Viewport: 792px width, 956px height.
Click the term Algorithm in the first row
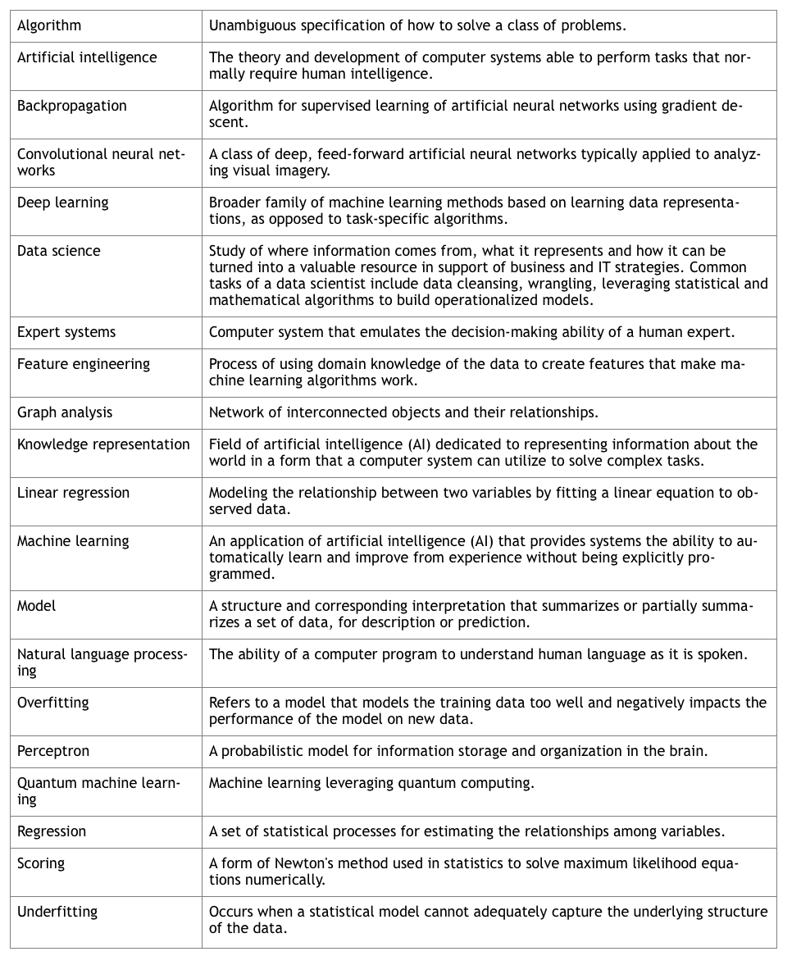[49, 25]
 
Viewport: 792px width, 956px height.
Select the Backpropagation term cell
[72, 106]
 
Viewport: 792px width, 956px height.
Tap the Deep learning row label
[62, 203]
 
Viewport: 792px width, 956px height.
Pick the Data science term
[59, 251]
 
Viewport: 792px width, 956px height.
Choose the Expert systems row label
[66, 332]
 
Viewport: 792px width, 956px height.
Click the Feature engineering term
[84, 364]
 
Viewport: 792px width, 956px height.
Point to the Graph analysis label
[65, 412]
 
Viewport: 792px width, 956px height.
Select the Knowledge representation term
[103, 444]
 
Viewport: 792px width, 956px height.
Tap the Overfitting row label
[53, 703]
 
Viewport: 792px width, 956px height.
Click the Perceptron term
[53, 751]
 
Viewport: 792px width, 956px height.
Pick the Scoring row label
[41, 863]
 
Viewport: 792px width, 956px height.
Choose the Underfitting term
[57, 912]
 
